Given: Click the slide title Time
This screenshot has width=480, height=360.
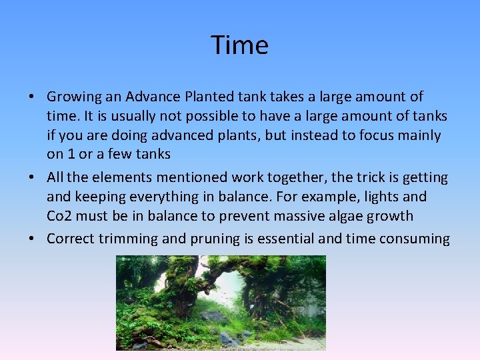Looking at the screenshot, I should (240, 45).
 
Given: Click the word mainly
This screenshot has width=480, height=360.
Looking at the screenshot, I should (417, 136).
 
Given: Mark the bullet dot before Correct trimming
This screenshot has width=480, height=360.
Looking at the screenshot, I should (32, 239).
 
